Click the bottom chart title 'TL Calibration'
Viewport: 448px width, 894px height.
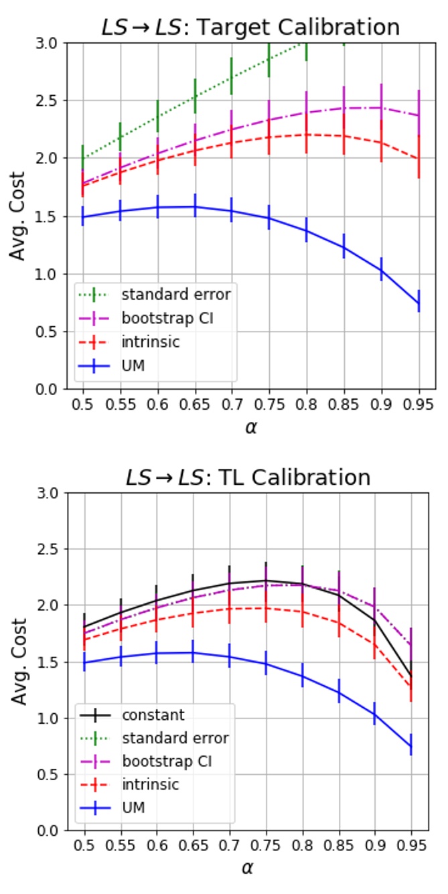pos(248,477)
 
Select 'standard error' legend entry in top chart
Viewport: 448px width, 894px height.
pos(176,293)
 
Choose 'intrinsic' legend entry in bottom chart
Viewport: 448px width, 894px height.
pos(151,784)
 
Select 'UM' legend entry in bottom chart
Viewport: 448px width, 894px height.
pos(133,808)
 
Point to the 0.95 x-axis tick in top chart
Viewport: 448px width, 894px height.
pos(419,406)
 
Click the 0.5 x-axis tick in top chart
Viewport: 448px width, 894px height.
pos(83,406)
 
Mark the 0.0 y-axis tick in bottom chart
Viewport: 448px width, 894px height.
pos(54,830)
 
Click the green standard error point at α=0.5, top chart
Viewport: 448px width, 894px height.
pos(83,158)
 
